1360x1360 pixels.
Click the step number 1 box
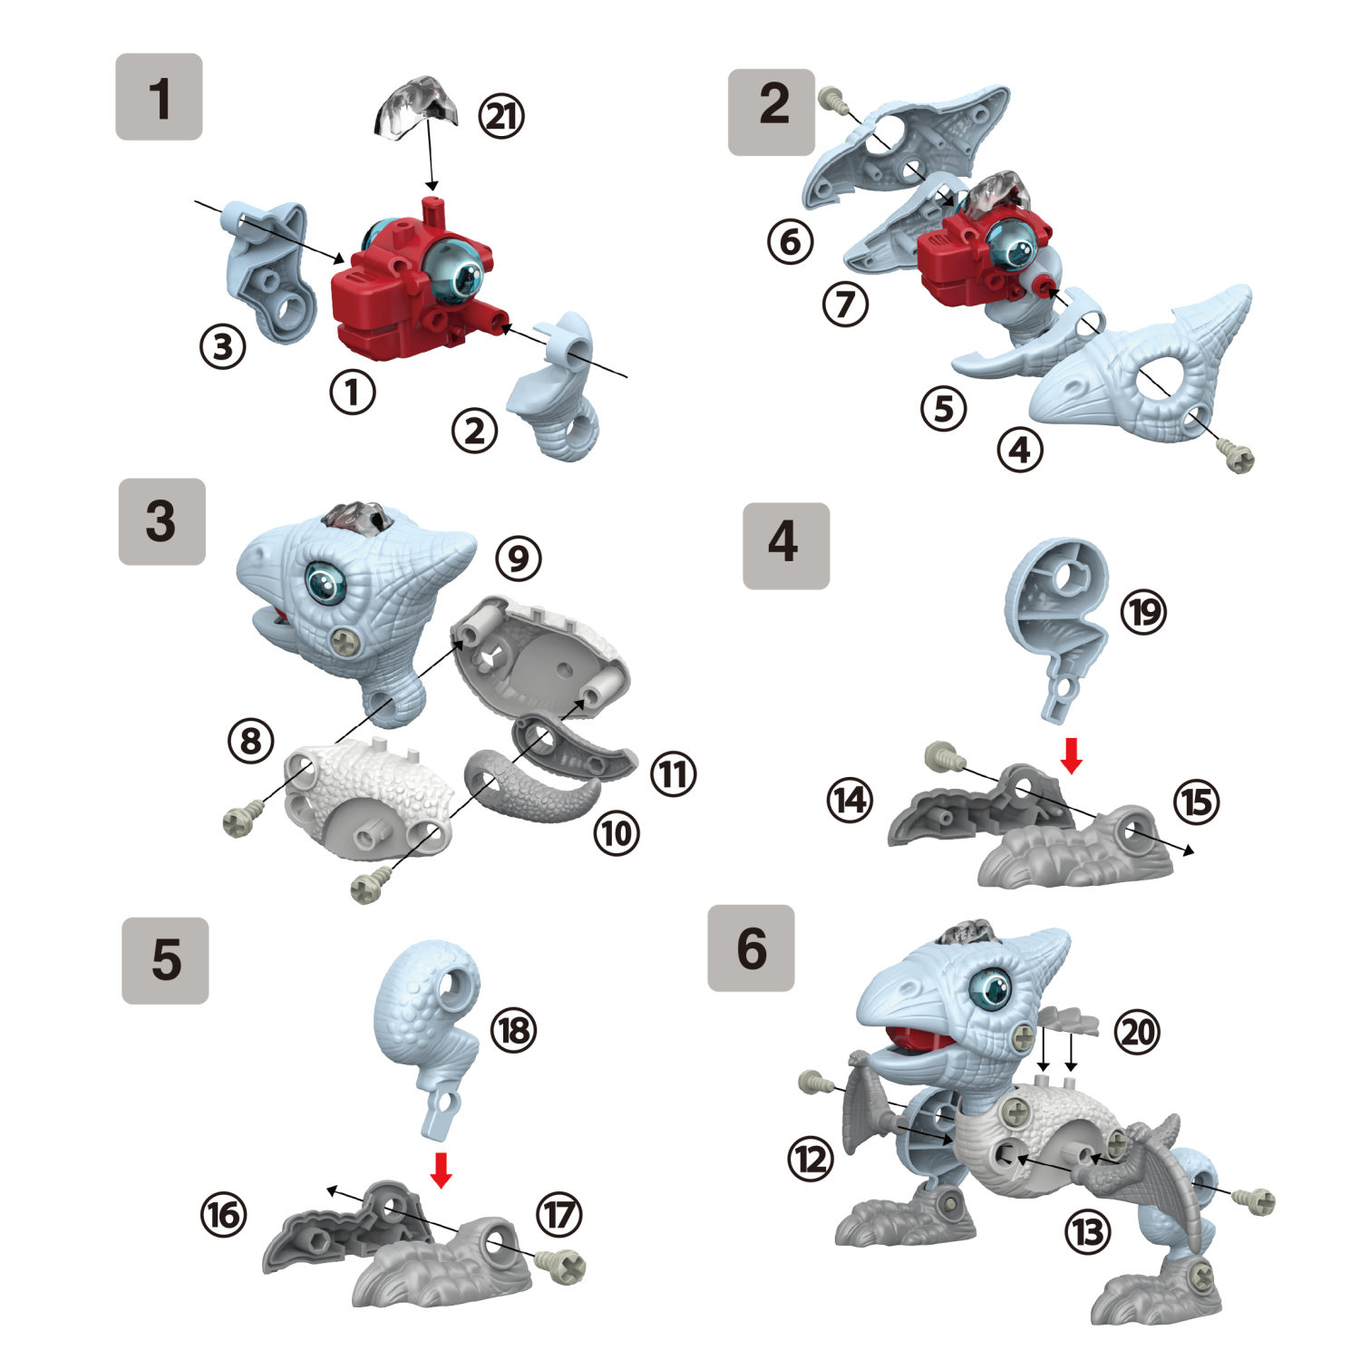click(159, 97)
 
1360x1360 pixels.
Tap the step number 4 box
click(785, 546)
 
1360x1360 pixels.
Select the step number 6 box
click(751, 947)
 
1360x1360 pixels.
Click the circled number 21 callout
click(501, 116)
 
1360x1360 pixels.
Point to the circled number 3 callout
click(223, 345)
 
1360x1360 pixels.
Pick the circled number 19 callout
click(1143, 612)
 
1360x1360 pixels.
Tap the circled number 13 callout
click(1087, 1231)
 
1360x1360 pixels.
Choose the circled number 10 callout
click(617, 832)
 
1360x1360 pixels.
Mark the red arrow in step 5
click(442, 1170)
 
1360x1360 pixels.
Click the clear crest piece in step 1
click(414, 109)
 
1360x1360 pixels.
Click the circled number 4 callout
click(1020, 449)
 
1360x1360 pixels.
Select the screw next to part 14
click(939, 756)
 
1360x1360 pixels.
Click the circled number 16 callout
click(223, 1214)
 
